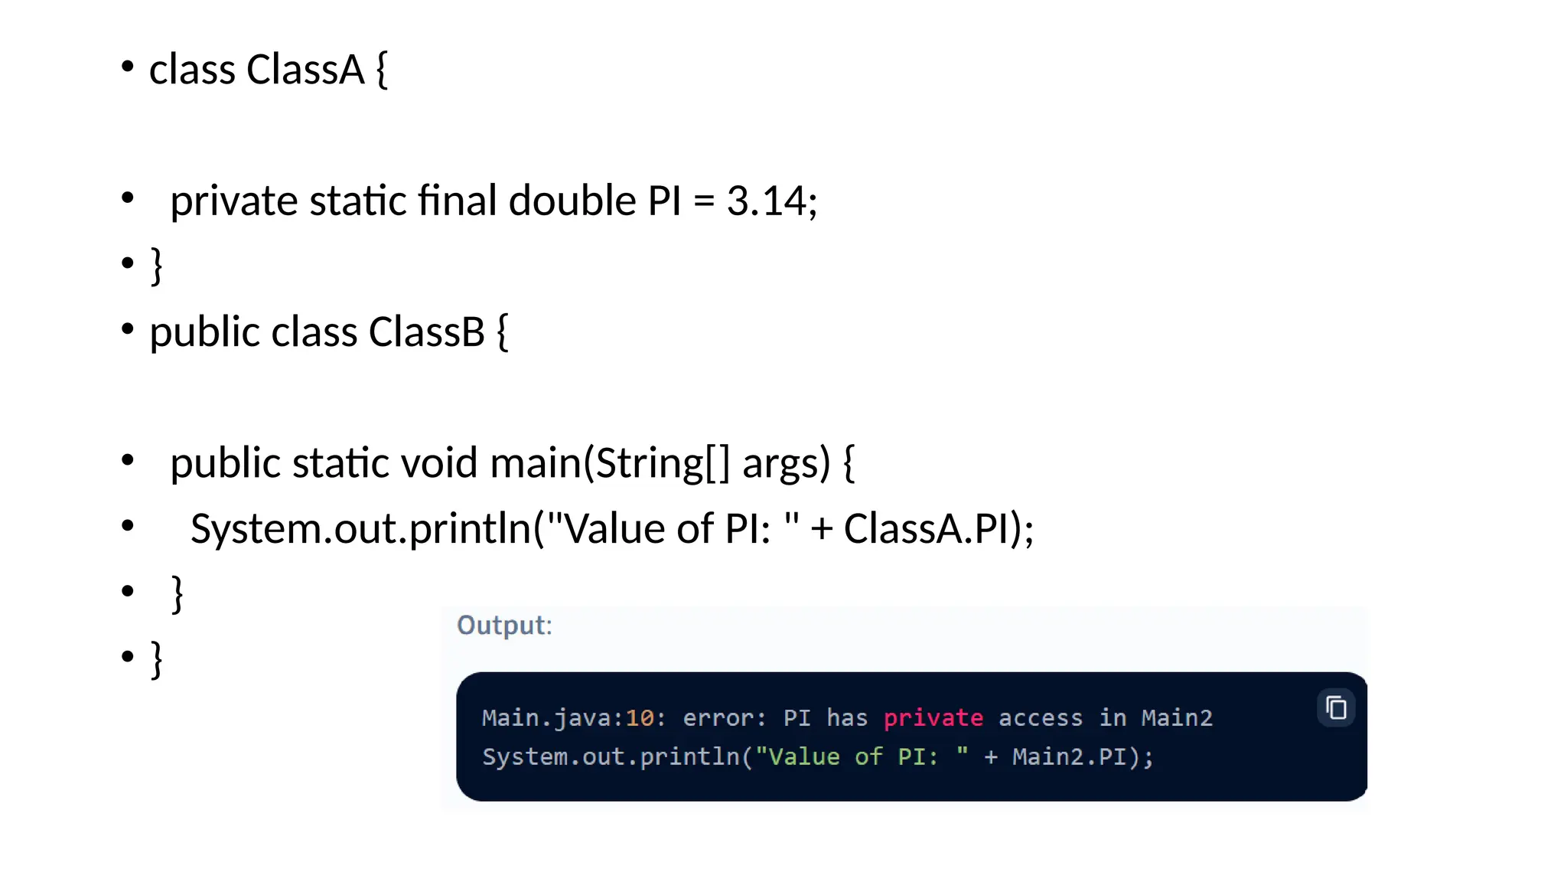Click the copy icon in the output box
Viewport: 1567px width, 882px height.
(1336, 707)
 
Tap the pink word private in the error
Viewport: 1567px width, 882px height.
(933, 718)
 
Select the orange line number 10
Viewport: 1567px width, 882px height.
(640, 718)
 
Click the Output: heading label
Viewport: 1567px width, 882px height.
(504, 626)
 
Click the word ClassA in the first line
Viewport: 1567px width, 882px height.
(305, 70)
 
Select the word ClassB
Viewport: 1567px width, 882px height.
(426, 332)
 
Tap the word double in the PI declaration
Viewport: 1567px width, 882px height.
(572, 201)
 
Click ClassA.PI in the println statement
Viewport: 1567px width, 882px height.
(927, 529)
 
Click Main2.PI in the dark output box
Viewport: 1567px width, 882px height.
(1068, 757)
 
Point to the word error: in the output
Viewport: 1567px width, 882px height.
(724, 718)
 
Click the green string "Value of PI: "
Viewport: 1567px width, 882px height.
(862, 757)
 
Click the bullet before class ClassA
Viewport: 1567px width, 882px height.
(128, 67)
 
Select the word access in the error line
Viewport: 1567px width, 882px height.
(1040, 718)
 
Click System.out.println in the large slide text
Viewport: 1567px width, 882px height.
(360, 529)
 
